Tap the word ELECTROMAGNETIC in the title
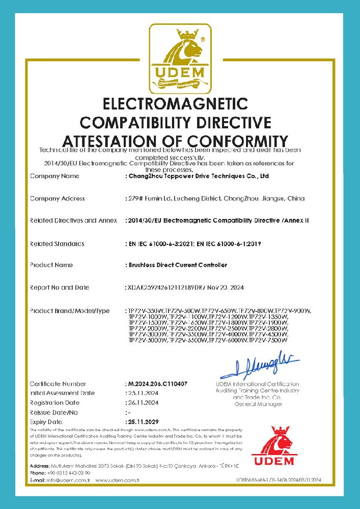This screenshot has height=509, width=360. point(175,104)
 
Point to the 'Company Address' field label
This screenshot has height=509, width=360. point(57,199)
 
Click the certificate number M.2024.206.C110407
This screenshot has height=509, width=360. point(159,383)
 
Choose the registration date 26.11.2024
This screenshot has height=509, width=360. point(143,403)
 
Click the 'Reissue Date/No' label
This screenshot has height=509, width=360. point(54,412)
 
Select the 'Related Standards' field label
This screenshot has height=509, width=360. point(57,244)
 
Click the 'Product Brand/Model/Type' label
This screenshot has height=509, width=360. point(70,310)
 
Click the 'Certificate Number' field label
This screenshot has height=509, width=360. point(58,383)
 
